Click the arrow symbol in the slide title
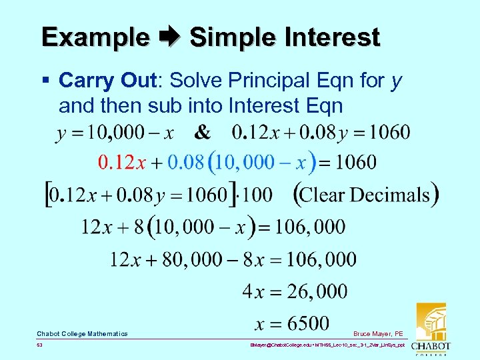[x=169, y=37]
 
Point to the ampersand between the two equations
[x=202, y=133]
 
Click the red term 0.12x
[x=122, y=162]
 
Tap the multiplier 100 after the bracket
[x=258, y=195]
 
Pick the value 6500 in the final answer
[x=306, y=323]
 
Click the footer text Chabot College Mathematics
[x=82, y=333]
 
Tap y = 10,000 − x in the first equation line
[x=115, y=133]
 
